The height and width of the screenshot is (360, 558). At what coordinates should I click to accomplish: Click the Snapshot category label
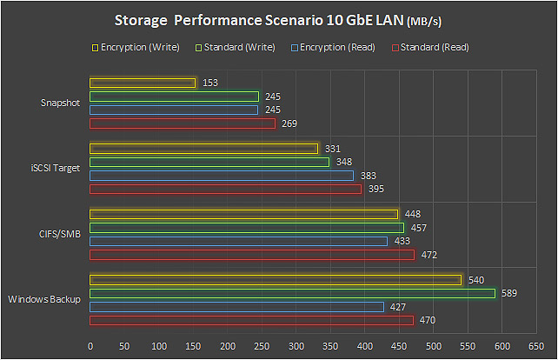(x=61, y=103)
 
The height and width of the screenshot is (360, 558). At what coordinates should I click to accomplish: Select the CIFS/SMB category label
(x=61, y=234)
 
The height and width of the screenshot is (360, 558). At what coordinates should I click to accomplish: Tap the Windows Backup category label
(x=44, y=299)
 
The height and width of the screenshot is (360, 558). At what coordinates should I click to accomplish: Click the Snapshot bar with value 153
(x=143, y=83)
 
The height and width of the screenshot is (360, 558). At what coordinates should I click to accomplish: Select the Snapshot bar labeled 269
(x=183, y=123)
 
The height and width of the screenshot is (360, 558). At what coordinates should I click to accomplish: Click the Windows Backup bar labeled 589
(x=292, y=293)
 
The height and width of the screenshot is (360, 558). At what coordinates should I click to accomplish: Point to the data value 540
(x=476, y=280)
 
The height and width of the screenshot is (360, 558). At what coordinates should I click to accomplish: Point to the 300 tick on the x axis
(x=296, y=345)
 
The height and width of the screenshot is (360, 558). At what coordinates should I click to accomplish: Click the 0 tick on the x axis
(x=90, y=345)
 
